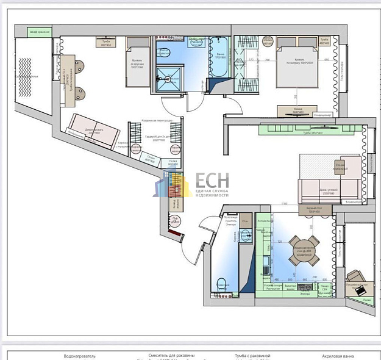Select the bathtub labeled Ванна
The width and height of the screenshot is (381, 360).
(x=218, y=62)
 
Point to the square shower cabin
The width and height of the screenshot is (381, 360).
(x=167, y=79)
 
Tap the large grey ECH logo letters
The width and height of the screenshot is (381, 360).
(x=212, y=181)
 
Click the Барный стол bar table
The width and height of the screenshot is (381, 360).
(x=314, y=210)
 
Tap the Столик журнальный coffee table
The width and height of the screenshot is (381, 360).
(x=340, y=167)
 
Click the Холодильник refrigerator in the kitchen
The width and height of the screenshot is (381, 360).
(x=264, y=220)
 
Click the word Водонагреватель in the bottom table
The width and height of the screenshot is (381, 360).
(x=80, y=355)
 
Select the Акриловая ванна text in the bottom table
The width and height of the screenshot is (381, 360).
(x=339, y=355)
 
